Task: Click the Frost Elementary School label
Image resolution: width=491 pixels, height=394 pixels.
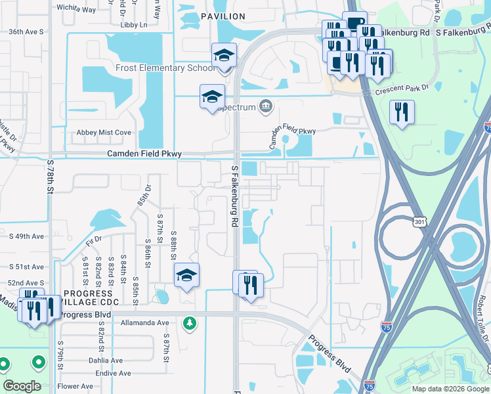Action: (165, 68)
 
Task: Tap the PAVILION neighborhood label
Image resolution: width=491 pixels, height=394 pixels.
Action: (223, 16)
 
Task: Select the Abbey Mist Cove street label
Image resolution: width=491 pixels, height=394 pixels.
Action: (104, 133)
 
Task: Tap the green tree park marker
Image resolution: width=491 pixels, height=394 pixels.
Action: (190, 322)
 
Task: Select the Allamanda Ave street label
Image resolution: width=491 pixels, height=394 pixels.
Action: (145, 323)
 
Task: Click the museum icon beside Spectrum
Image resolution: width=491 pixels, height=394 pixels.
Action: (266, 106)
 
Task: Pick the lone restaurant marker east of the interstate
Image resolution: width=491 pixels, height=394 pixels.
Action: (401, 112)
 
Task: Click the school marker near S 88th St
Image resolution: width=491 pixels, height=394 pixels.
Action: (186, 276)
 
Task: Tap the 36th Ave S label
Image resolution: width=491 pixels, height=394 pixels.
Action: (26, 32)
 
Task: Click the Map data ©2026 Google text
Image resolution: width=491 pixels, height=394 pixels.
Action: (450, 389)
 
